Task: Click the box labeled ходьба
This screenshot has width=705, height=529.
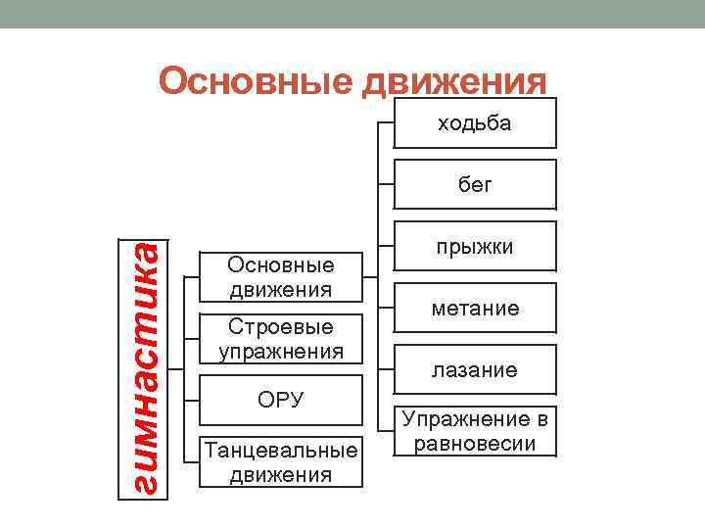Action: [x=475, y=123]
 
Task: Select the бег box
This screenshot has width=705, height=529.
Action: [x=475, y=184]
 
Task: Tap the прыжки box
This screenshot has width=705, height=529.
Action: [x=475, y=247]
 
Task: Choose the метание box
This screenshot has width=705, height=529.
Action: [x=475, y=309]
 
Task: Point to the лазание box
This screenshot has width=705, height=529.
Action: [x=475, y=370]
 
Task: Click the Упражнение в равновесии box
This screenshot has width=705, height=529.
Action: [x=475, y=431]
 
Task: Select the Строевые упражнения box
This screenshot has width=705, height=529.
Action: [x=280, y=338]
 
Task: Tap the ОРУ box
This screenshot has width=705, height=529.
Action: [x=280, y=400]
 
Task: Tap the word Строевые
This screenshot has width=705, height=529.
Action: [x=280, y=326]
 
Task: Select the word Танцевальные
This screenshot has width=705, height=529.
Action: [x=280, y=451]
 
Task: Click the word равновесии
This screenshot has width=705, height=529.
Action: [x=475, y=443]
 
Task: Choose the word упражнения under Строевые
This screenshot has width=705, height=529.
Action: [x=280, y=351]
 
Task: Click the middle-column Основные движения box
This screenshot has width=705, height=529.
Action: [x=280, y=276]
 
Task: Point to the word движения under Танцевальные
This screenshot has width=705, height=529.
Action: [x=280, y=475]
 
